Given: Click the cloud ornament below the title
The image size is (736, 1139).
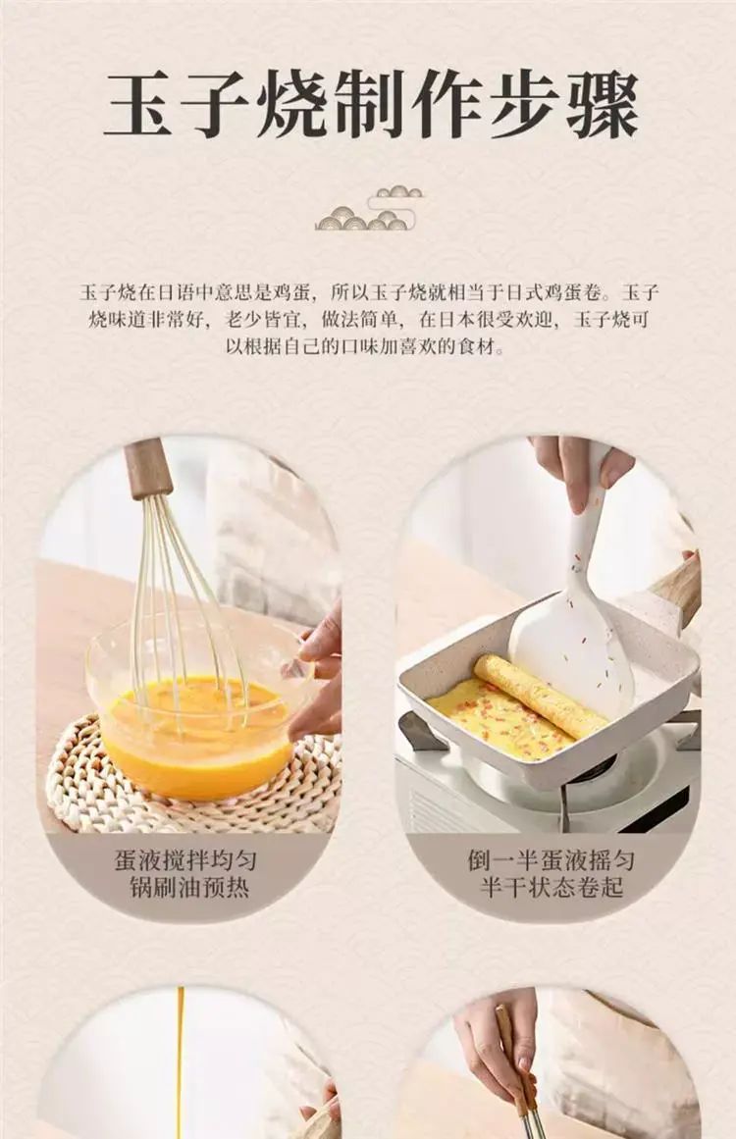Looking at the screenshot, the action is point(369,208).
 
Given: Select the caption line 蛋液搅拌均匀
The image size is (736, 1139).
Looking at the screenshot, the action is point(186,861).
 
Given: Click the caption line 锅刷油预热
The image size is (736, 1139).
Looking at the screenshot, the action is point(189,888).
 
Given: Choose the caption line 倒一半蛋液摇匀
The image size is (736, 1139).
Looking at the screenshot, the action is point(551,860).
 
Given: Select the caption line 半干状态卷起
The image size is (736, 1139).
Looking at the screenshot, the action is point(552,887).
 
